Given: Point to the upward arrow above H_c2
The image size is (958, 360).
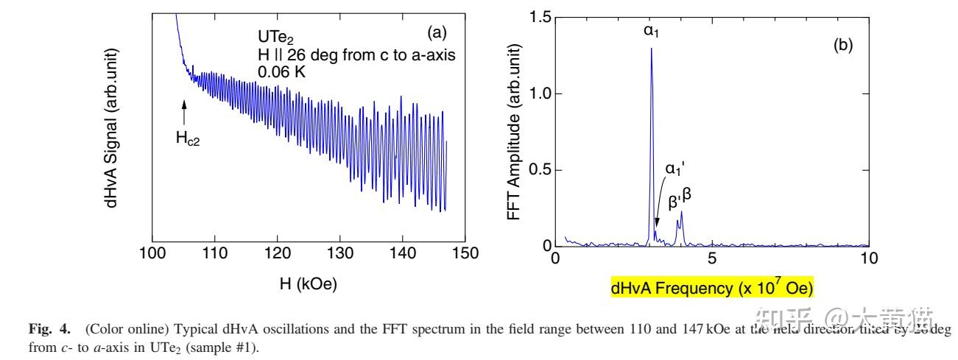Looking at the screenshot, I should click(x=184, y=113).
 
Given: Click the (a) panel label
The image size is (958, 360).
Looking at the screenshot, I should click(x=436, y=33).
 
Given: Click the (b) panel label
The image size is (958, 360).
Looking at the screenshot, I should click(x=842, y=45).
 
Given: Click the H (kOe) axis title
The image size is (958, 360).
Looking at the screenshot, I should click(x=308, y=284).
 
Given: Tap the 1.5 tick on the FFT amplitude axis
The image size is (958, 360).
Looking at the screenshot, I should click(x=541, y=17).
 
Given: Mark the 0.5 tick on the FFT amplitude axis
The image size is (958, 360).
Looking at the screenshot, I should click(x=541, y=169).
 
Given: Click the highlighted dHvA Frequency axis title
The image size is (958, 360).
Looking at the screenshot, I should click(x=711, y=287).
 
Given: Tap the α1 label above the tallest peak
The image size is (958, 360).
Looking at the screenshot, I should click(x=651, y=32).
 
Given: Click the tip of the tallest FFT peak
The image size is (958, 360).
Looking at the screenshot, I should click(x=651, y=49).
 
